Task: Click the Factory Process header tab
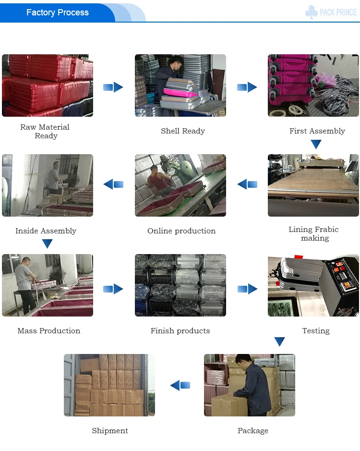58,12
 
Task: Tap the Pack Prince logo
331,12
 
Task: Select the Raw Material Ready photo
48,85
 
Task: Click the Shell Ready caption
183,131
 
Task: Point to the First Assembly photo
313,85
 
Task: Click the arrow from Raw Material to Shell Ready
113,87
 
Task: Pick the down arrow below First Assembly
316,144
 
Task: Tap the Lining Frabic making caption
314,234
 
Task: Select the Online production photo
180,185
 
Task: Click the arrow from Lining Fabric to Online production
247,184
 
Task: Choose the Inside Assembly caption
46,231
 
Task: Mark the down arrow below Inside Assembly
47,244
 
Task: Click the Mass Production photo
48,285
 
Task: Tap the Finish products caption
180,331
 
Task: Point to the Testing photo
313,285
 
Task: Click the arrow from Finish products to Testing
247,289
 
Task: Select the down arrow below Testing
279,342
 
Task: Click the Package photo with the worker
250,385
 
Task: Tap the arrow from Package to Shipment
180,385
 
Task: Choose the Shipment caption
110,431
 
